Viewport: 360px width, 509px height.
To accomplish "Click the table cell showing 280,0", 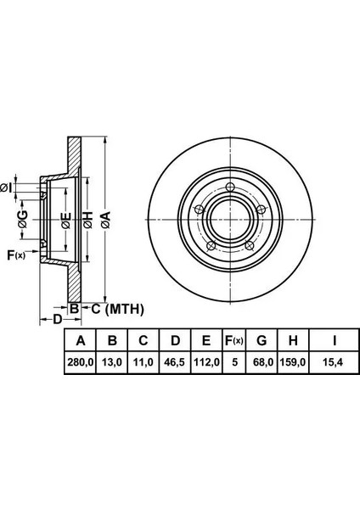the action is (x=81, y=362).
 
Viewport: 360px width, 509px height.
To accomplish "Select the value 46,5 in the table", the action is (x=175, y=362).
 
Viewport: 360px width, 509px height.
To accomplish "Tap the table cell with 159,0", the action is (x=293, y=362).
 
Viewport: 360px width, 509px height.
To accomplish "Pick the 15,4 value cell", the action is (x=334, y=362).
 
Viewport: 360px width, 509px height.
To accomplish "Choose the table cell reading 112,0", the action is (x=206, y=362).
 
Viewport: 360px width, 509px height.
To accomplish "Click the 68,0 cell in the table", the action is (x=262, y=362).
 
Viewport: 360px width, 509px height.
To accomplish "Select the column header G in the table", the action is (x=262, y=340).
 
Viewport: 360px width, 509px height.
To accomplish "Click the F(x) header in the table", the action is (x=234, y=340).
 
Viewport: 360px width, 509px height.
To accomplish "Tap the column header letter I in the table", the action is (x=334, y=340).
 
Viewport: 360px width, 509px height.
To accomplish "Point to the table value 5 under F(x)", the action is (x=234, y=362).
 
